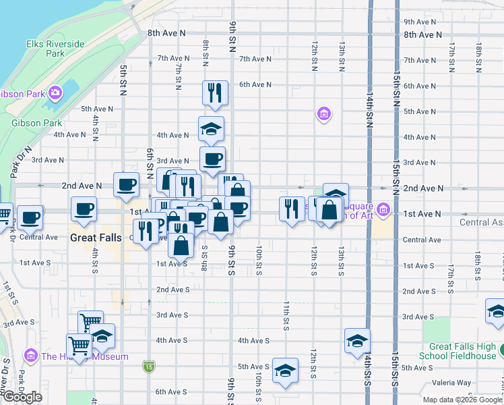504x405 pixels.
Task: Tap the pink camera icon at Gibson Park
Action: (55, 92)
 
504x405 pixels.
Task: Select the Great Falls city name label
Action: (96, 238)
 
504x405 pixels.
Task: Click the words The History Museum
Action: (84, 356)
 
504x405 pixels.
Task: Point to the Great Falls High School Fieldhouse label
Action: (458, 351)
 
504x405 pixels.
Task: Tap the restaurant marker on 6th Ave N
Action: (215, 93)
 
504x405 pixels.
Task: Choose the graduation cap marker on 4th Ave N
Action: (211, 129)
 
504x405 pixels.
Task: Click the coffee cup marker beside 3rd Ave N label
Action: (212, 159)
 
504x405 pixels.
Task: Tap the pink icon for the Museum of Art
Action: (383, 211)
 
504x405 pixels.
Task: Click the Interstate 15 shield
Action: (148, 367)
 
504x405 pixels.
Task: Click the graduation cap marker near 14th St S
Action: (357, 340)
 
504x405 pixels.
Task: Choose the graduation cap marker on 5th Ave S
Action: (285, 369)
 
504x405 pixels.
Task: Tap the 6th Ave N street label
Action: (255, 84)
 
